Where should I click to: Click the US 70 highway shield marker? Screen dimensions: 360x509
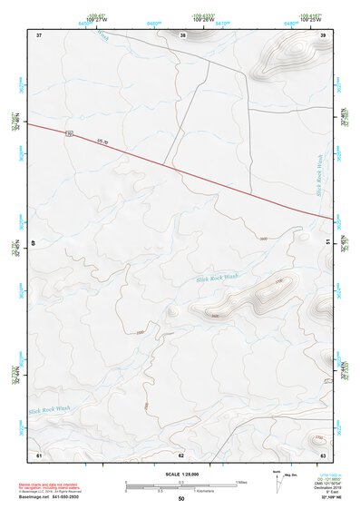(69, 133)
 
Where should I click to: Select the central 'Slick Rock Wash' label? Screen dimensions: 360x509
(218, 277)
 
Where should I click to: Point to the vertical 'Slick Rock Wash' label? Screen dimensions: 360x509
(319, 175)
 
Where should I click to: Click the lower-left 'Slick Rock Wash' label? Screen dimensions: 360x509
(49, 409)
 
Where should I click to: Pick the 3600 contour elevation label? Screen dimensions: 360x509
(263, 239)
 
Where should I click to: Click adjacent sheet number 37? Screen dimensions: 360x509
(39, 34)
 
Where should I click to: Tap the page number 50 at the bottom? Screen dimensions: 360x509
(181, 499)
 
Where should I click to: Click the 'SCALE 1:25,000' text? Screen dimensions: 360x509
(181, 474)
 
